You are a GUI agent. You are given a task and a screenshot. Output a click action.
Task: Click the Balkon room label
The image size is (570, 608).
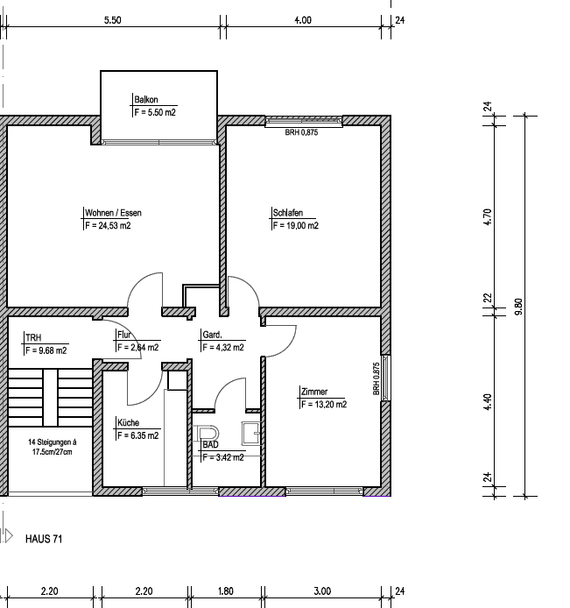tap(146, 100)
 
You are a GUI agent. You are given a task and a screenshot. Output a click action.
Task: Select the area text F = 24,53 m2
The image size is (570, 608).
tap(108, 225)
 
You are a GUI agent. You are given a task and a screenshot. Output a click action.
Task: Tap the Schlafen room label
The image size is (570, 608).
tap(288, 213)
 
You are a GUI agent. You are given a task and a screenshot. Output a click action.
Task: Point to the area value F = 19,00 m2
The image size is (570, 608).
tap(295, 225)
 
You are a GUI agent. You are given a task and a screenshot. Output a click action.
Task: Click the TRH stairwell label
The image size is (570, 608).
tap(33, 337)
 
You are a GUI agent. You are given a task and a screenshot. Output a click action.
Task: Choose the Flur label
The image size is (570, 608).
tap(123, 335)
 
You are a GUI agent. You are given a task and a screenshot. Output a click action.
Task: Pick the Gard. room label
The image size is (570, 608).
tap(212, 335)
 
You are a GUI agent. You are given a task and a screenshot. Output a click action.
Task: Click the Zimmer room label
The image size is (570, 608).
tap(313, 392)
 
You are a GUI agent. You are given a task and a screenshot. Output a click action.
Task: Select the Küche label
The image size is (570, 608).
tap(129, 422)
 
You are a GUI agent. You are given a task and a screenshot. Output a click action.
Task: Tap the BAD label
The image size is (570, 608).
tap(210, 445)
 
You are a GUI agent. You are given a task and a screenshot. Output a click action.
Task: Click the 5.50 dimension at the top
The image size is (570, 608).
tap(112, 18)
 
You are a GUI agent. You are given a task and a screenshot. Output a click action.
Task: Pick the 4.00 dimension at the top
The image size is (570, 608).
tap(302, 18)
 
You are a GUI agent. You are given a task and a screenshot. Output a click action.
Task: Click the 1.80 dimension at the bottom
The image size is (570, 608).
tap(225, 591)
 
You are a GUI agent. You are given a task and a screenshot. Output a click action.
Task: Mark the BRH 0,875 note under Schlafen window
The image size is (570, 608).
tap(301, 133)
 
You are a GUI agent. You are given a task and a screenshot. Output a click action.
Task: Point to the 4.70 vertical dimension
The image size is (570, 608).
tap(488, 216)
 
